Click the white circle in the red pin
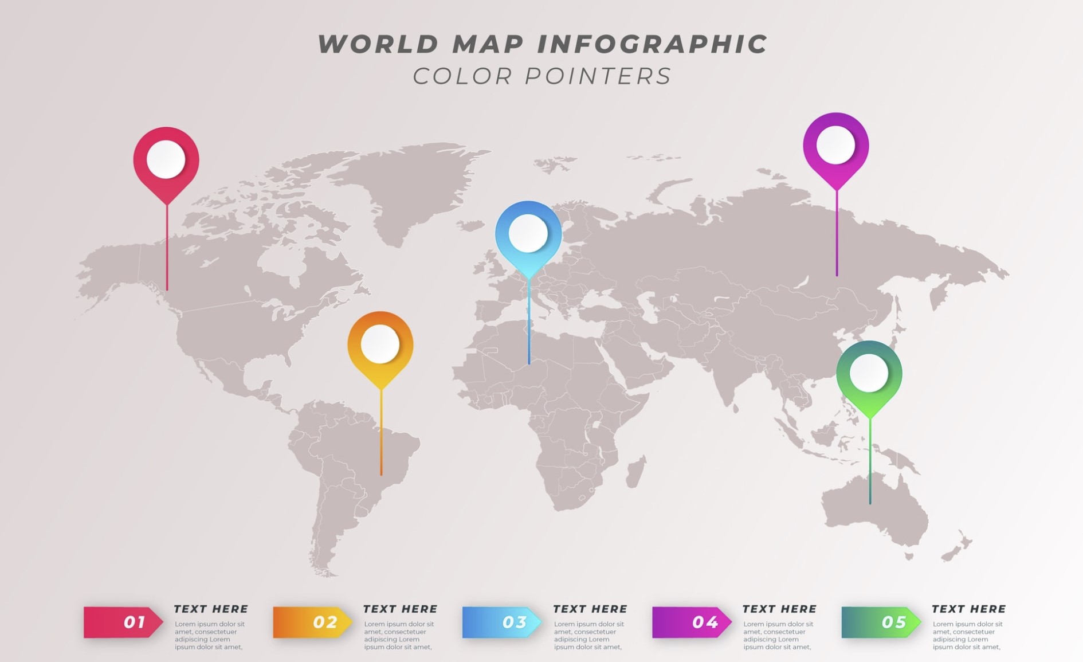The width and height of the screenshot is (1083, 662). [166, 159]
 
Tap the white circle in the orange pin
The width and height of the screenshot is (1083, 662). [380, 344]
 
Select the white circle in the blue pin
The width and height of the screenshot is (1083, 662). [528, 233]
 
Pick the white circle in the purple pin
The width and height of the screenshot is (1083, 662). [835, 145]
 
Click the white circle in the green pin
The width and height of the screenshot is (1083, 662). [869, 373]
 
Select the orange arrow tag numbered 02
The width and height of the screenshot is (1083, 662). [312, 622]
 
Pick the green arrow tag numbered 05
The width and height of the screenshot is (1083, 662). [880, 622]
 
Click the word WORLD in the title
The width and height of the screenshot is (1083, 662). [378, 45]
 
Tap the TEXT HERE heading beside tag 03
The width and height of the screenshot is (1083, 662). [590, 609]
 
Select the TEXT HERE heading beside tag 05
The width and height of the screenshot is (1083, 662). [968, 609]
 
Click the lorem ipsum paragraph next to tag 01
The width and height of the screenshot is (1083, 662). [210, 635]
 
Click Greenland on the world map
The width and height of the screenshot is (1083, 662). [413, 183]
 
